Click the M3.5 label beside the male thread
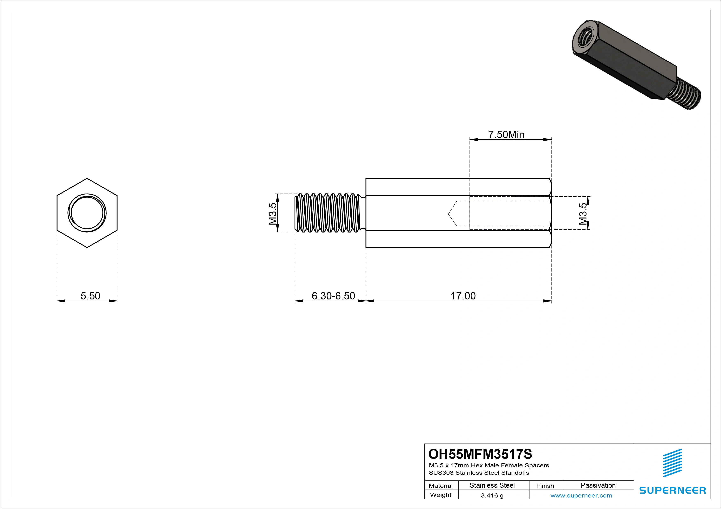pyautogui.click(x=273, y=214)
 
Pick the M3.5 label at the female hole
pyautogui.click(x=583, y=214)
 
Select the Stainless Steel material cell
pyautogui.click(x=492, y=485)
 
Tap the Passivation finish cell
pyautogui.click(x=598, y=485)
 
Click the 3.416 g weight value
pyautogui.click(x=492, y=495)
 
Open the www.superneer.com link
pyautogui.click(x=581, y=495)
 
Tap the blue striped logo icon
pyautogui.click(x=672, y=463)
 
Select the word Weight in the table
pyautogui.click(x=441, y=495)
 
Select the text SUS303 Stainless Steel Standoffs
pyautogui.click(x=479, y=473)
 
